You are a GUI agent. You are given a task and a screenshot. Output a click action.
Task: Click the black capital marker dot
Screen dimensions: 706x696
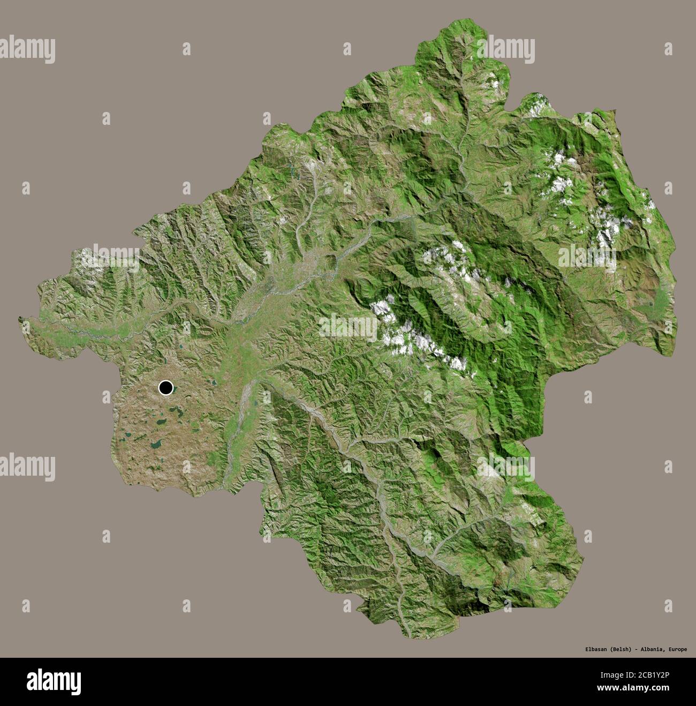166,387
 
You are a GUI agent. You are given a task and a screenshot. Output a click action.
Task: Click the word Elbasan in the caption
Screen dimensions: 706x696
595,650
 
